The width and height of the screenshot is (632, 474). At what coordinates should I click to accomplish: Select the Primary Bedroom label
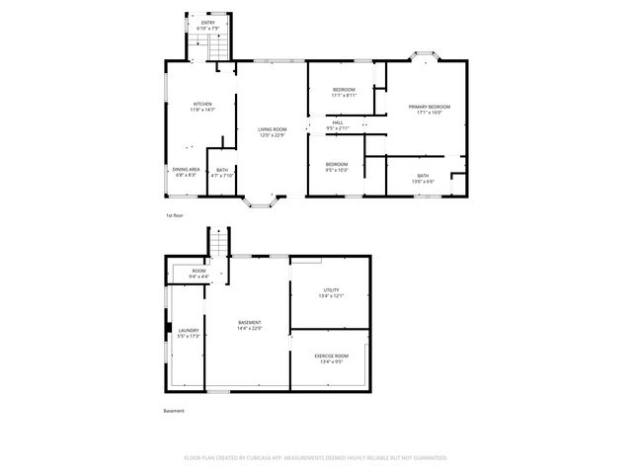coord(430,109)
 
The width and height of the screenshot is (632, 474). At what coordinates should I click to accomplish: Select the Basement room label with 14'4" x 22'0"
coord(250,325)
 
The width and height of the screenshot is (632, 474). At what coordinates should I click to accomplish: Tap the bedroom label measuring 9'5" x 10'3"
coord(337,167)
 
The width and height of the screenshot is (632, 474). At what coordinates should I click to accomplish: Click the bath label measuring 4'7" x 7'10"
coord(222,173)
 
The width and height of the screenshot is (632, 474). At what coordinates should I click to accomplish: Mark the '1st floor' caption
coord(174,214)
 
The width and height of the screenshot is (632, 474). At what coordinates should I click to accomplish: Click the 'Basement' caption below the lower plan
coord(174,411)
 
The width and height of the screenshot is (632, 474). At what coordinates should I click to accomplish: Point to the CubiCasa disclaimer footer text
coord(316,458)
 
